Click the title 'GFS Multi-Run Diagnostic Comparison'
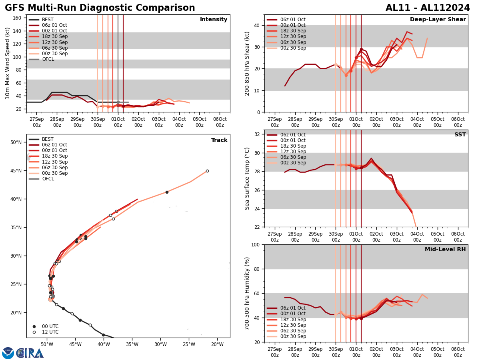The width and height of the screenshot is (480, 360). [x=100, y=8]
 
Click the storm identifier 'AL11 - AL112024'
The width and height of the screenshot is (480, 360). [x=428, y=8]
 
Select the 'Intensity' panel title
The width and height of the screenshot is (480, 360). [x=214, y=20]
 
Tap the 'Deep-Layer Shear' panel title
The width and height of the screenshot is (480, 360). [x=438, y=20]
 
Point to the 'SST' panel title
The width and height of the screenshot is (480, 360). [x=460, y=135]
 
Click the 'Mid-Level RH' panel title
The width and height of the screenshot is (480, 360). [x=445, y=250]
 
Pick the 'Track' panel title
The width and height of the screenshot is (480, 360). [x=219, y=140]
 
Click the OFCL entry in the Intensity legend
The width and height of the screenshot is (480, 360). [x=48, y=59]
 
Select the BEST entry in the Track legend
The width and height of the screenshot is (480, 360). [x=48, y=139]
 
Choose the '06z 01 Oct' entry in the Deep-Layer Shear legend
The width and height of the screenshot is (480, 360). [x=292, y=20]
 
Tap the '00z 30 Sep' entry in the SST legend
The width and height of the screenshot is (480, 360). [x=292, y=163]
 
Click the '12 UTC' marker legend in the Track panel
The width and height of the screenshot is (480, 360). [x=50, y=332]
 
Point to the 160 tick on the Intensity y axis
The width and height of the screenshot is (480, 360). [x=18, y=18]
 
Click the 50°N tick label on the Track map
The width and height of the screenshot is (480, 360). [x=16, y=142]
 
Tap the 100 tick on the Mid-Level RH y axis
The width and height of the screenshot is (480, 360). [x=254, y=244]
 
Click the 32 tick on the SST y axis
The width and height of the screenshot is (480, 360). [x=257, y=134]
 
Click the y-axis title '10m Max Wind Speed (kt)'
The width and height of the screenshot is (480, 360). [x=8, y=63]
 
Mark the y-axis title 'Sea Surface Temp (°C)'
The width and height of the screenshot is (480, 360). [x=247, y=178]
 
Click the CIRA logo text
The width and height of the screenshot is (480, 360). [x=30, y=353]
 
